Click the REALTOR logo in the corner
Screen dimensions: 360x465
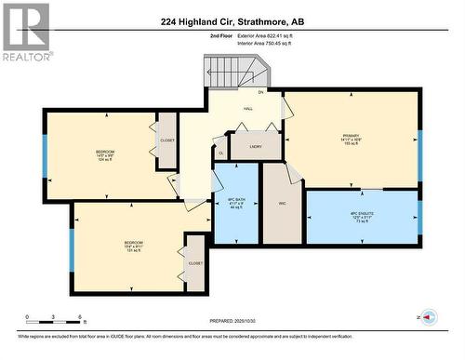pyautogui.click(x=25, y=32)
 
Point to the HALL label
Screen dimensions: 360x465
pyautogui.click(x=248, y=109)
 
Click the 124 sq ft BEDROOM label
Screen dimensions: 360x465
pyautogui.click(x=105, y=154)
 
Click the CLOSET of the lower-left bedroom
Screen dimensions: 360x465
pyautogui.click(x=195, y=263)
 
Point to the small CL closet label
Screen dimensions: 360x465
pyautogui.click(x=220, y=153)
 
